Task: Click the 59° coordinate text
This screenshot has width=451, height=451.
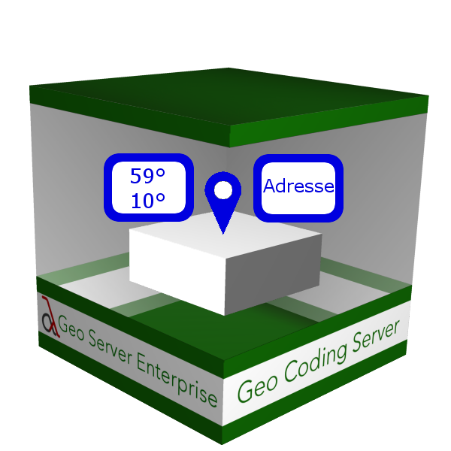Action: (x=147, y=177)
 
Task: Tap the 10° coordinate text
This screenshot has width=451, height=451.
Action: (x=147, y=201)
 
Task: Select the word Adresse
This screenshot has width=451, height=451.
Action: (x=298, y=186)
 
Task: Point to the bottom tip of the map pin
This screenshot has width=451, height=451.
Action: (x=223, y=232)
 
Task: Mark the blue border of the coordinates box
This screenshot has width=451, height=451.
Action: (x=107, y=188)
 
